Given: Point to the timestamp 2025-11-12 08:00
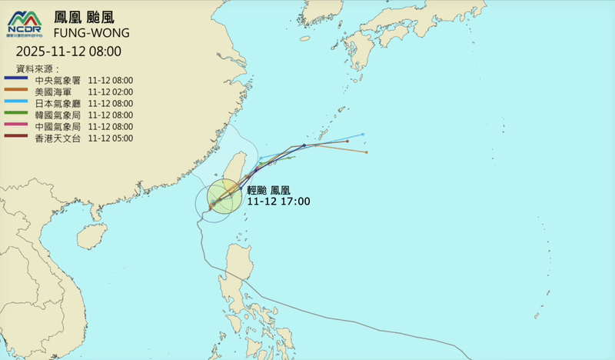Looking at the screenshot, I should pos(68,52).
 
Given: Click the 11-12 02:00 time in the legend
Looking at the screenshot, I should pos(111,92).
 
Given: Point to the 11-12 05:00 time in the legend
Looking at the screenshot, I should pos(111,138).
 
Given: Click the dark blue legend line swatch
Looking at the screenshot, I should pos(17,80).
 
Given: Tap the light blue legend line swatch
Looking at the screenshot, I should pos(17,103).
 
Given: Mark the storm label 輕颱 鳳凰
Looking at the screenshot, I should pos(268,190).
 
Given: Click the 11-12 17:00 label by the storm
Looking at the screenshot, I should pos(278,202).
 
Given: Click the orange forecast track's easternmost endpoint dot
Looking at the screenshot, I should pos(367,152).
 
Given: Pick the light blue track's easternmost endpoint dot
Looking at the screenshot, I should pos(363,135).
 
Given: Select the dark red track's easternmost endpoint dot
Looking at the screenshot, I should pos(348,142).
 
